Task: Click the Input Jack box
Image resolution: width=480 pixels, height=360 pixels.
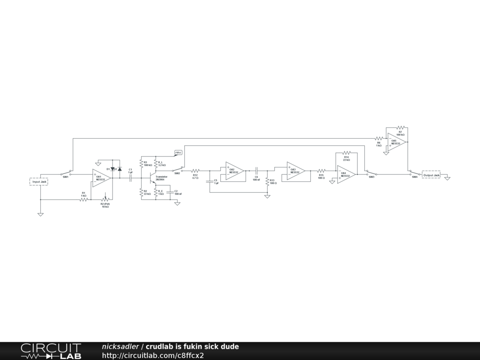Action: tap(39, 181)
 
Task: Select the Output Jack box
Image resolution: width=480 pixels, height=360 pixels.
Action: tap(431, 175)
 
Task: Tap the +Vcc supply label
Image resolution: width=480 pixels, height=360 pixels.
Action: tap(178, 153)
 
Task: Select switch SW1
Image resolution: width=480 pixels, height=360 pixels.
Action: tap(66, 172)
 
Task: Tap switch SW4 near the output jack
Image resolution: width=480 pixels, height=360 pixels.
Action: tap(414, 173)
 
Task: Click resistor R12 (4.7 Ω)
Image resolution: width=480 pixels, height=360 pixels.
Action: tap(195, 171)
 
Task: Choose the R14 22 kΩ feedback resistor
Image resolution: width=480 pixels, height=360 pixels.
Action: tap(346, 153)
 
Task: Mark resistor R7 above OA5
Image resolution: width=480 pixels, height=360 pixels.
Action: tap(400, 127)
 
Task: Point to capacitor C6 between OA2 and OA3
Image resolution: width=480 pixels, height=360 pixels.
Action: tap(256, 171)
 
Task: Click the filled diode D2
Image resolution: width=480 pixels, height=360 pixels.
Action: tap(120, 169)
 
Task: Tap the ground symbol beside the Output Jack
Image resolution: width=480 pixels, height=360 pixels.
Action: tap(447, 178)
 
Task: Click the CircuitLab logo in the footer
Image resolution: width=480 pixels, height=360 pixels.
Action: tap(50, 351)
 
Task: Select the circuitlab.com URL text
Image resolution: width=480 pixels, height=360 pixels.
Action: tap(153, 356)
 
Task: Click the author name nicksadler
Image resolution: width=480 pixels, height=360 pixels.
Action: tap(120, 346)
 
